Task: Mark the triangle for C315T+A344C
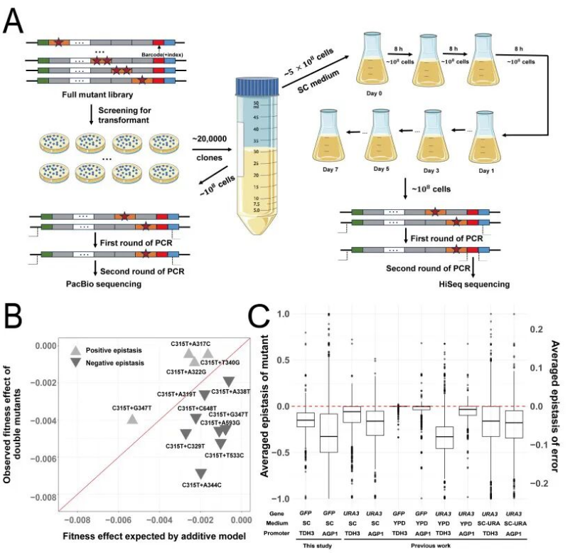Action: point(201,474)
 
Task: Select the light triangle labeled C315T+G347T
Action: point(132,418)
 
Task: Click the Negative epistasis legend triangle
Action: point(74,363)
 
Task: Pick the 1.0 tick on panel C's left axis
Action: point(281,314)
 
